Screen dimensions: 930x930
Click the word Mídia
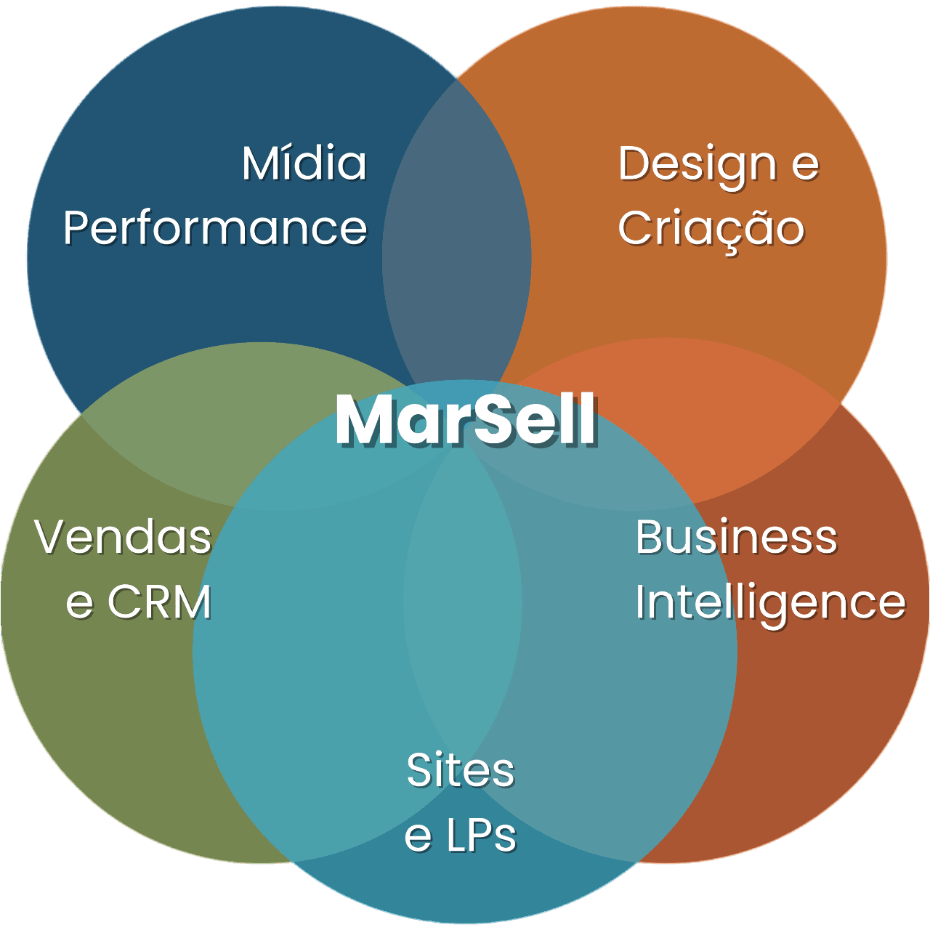pyautogui.click(x=304, y=163)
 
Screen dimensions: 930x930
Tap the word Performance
pyautogui.click(x=215, y=228)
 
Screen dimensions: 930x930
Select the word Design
pyautogui.click(x=697, y=165)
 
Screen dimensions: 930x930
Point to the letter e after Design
pyautogui.click(x=805, y=165)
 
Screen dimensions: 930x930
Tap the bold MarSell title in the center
pyautogui.click(x=466, y=420)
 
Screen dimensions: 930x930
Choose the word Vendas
pyautogui.click(x=124, y=538)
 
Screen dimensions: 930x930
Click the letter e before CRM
pyautogui.click(x=79, y=603)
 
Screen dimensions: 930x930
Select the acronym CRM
pyautogui.click(x=159, y=602)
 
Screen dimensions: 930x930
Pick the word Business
pyautogui.click(x=736, y=538)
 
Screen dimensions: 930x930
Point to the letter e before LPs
pyautogui.click(x=418, y=836)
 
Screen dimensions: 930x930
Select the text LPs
pyautogui.click(x=481, y=836)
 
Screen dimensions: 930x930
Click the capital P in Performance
pyautogui.click(x=76, y=228)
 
